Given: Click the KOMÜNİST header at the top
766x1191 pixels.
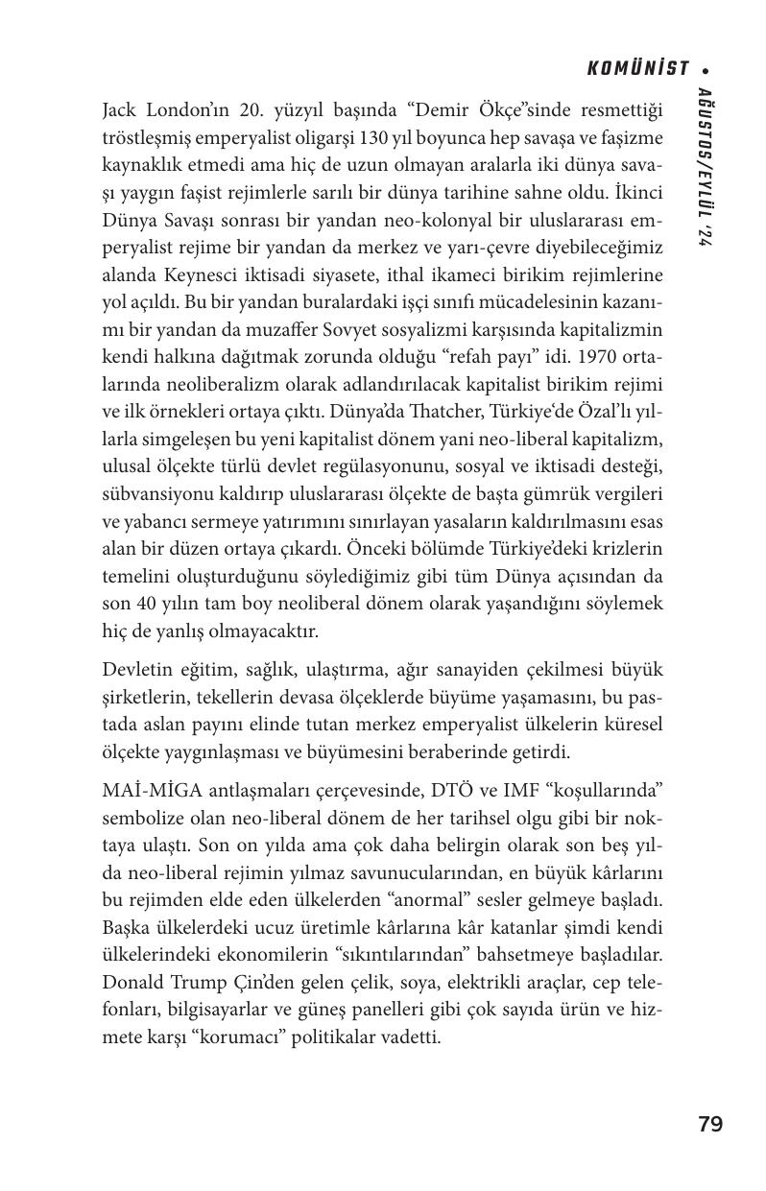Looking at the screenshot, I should point(638,68).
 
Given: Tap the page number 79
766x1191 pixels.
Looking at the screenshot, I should point(710,1125).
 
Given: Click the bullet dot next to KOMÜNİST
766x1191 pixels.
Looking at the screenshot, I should point(706,69).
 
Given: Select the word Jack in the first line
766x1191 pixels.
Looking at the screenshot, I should point(120,110).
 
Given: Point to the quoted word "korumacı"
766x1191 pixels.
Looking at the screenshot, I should point(224,1037).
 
